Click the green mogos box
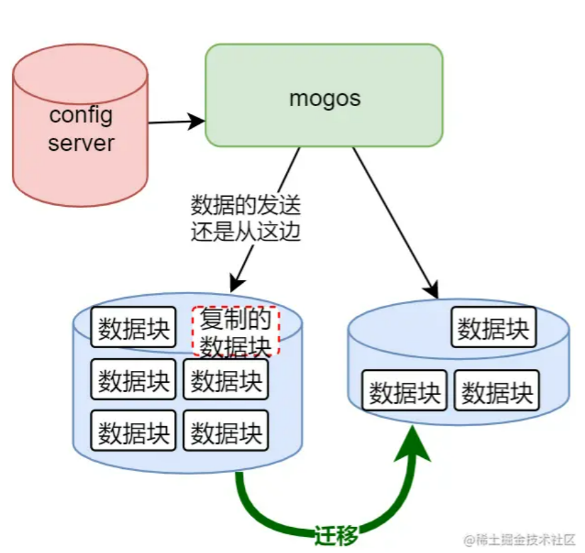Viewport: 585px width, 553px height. (x=324, y=95)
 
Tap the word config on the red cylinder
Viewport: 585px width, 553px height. (x=81, y=115)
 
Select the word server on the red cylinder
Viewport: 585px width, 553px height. (x=81, y=142)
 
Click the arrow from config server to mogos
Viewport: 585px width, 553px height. (x=176, y=122)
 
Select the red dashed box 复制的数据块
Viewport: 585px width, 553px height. (x=235, y=332)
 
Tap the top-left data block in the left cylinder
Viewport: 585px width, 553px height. (x=133, y=328)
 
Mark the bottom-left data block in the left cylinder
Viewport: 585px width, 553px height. (x=133, y=432)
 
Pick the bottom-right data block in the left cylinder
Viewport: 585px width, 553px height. (x=226, y=432)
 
